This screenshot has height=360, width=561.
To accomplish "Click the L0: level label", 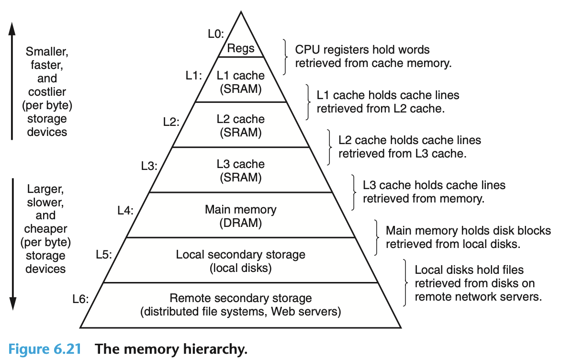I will [x=215, y=34].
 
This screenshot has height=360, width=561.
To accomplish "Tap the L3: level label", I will [x=149, y=167].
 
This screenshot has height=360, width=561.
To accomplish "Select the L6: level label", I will [x=81, y=300].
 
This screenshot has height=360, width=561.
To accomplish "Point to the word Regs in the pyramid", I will [x=241, y=48].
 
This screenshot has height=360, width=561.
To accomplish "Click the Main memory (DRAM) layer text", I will [x=240, y=215].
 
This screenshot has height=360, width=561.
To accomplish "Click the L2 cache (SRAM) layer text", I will [x=240, y=125].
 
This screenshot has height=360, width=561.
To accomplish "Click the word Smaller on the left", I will [x=46, y=51].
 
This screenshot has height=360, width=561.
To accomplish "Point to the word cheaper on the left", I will [x=46, y=229].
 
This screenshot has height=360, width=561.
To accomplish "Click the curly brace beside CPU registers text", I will [x=286, y=56].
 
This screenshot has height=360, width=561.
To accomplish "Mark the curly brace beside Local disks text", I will [x=406, y=283].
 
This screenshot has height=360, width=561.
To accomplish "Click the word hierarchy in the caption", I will [x=215, y=348].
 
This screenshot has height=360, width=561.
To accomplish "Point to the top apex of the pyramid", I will [x=241, y=12].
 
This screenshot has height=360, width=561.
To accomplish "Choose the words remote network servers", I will [x=478, y=296].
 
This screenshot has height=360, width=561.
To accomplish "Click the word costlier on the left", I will [x=46, y=91].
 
